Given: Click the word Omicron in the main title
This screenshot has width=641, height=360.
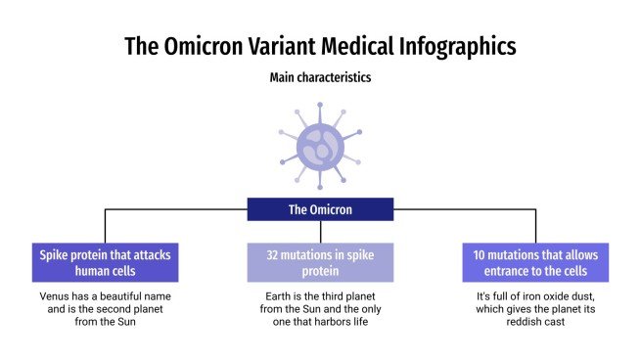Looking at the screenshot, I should coord(211,46).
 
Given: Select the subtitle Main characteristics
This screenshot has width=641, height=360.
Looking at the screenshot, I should coord(320,77).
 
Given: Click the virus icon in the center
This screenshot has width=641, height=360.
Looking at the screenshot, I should coord(320,150).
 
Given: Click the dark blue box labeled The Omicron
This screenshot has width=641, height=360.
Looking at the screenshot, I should coord(320,209).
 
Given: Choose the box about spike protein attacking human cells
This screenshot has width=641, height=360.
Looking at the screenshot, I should coord(105,262).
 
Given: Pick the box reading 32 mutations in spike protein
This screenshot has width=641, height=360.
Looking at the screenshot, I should coord(320,262).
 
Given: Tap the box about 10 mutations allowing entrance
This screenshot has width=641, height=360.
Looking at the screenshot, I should coord(535,262).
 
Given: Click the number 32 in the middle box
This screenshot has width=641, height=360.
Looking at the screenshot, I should coord(274,254).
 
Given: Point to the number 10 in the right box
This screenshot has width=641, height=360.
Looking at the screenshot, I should coord(481,254).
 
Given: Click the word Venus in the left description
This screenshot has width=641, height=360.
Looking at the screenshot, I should coord(57,296).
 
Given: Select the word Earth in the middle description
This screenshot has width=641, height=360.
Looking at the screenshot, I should coord(278,296).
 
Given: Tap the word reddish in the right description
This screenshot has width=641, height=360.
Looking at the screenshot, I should coord(514,322).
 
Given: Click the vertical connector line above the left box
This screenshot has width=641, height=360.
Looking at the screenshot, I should coord(105,225).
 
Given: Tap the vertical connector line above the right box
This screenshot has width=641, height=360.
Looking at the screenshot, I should coord(535,225).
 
